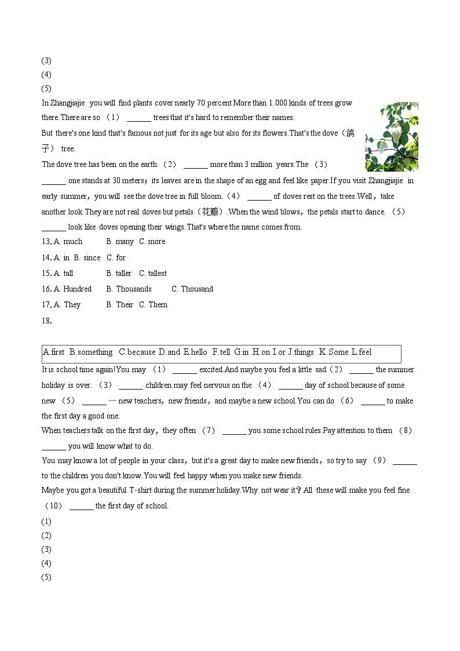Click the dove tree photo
coord(392,137)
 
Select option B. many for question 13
coord(120,242)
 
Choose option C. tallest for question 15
coord(153,273)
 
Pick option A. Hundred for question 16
coord(72,289)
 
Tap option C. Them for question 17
coord(153,304)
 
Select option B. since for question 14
coord(87,257)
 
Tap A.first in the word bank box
coord(54,352)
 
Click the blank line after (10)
coord(81,506)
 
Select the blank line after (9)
coord(404,461)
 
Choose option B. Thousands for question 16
coord(129,289)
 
